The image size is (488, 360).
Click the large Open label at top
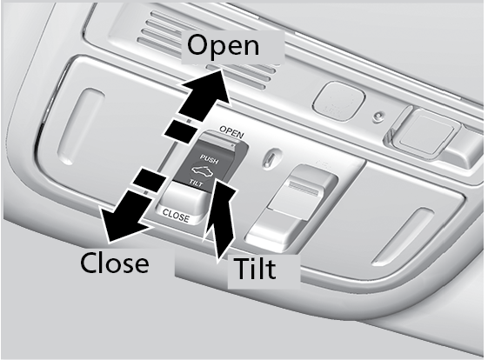pyautogui.click(x=224, y=46)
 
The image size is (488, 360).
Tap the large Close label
pyautogui.click(x=115, y=263)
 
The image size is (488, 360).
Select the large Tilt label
pyautogui.click(x=255, y=268)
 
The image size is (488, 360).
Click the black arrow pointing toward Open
pyautogui.click(x=204, y=95)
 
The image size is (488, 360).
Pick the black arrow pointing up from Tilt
pyautogui.click(x=220, y=217)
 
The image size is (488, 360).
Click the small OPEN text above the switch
pyautogui.click(x=231, y=132)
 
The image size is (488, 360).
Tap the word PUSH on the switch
pyautogui.click(x=209, y=158)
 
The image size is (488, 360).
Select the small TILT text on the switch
pyautogui.click(x=197, y=183)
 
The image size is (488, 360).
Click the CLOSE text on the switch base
pyautogui.click(x=176, y=216)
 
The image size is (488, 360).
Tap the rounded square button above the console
pyautogui.click(x=338, y=100)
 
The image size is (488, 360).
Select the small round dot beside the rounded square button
pyautogui.click(x=378, y=116)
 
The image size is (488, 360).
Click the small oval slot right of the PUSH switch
pyautogui.click(x=268, y=157)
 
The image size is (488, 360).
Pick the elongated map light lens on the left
pyautogui.click(x=79, y=126)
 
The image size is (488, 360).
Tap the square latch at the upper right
pyautogui.click(x=424, y=131)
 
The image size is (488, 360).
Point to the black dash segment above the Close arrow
pyautogui.click(x=150, y=180)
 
